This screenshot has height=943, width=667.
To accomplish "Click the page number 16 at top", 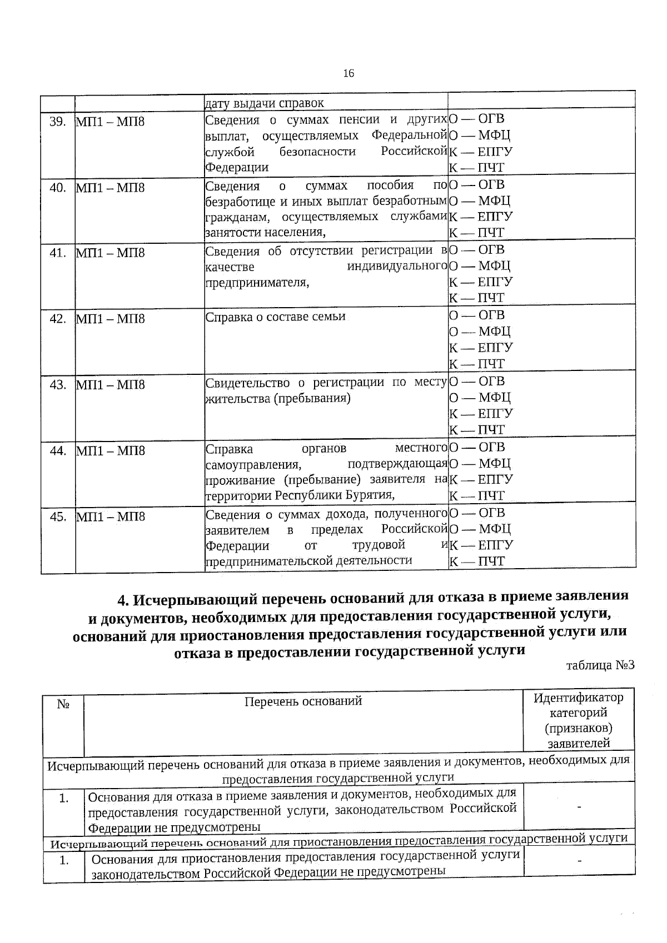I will [349, 73].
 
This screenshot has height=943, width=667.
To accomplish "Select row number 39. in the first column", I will [58, 122].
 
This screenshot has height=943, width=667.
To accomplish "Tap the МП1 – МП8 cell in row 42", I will [110, 319].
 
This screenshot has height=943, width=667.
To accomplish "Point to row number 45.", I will [58, 517].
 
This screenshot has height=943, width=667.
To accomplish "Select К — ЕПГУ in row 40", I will [480, 216].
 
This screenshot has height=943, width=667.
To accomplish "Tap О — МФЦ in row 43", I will [480, 397].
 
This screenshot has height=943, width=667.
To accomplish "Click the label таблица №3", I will [600, 665].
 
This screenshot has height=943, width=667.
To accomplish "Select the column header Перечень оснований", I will [303, 701].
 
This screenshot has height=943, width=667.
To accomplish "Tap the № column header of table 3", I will [63, 704].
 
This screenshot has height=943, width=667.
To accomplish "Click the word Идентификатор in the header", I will [579, 698].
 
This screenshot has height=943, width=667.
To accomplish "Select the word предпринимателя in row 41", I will [256, 282].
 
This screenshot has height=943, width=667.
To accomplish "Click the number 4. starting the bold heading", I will [123, 601].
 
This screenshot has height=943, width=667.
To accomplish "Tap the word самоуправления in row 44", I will [253, 464].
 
